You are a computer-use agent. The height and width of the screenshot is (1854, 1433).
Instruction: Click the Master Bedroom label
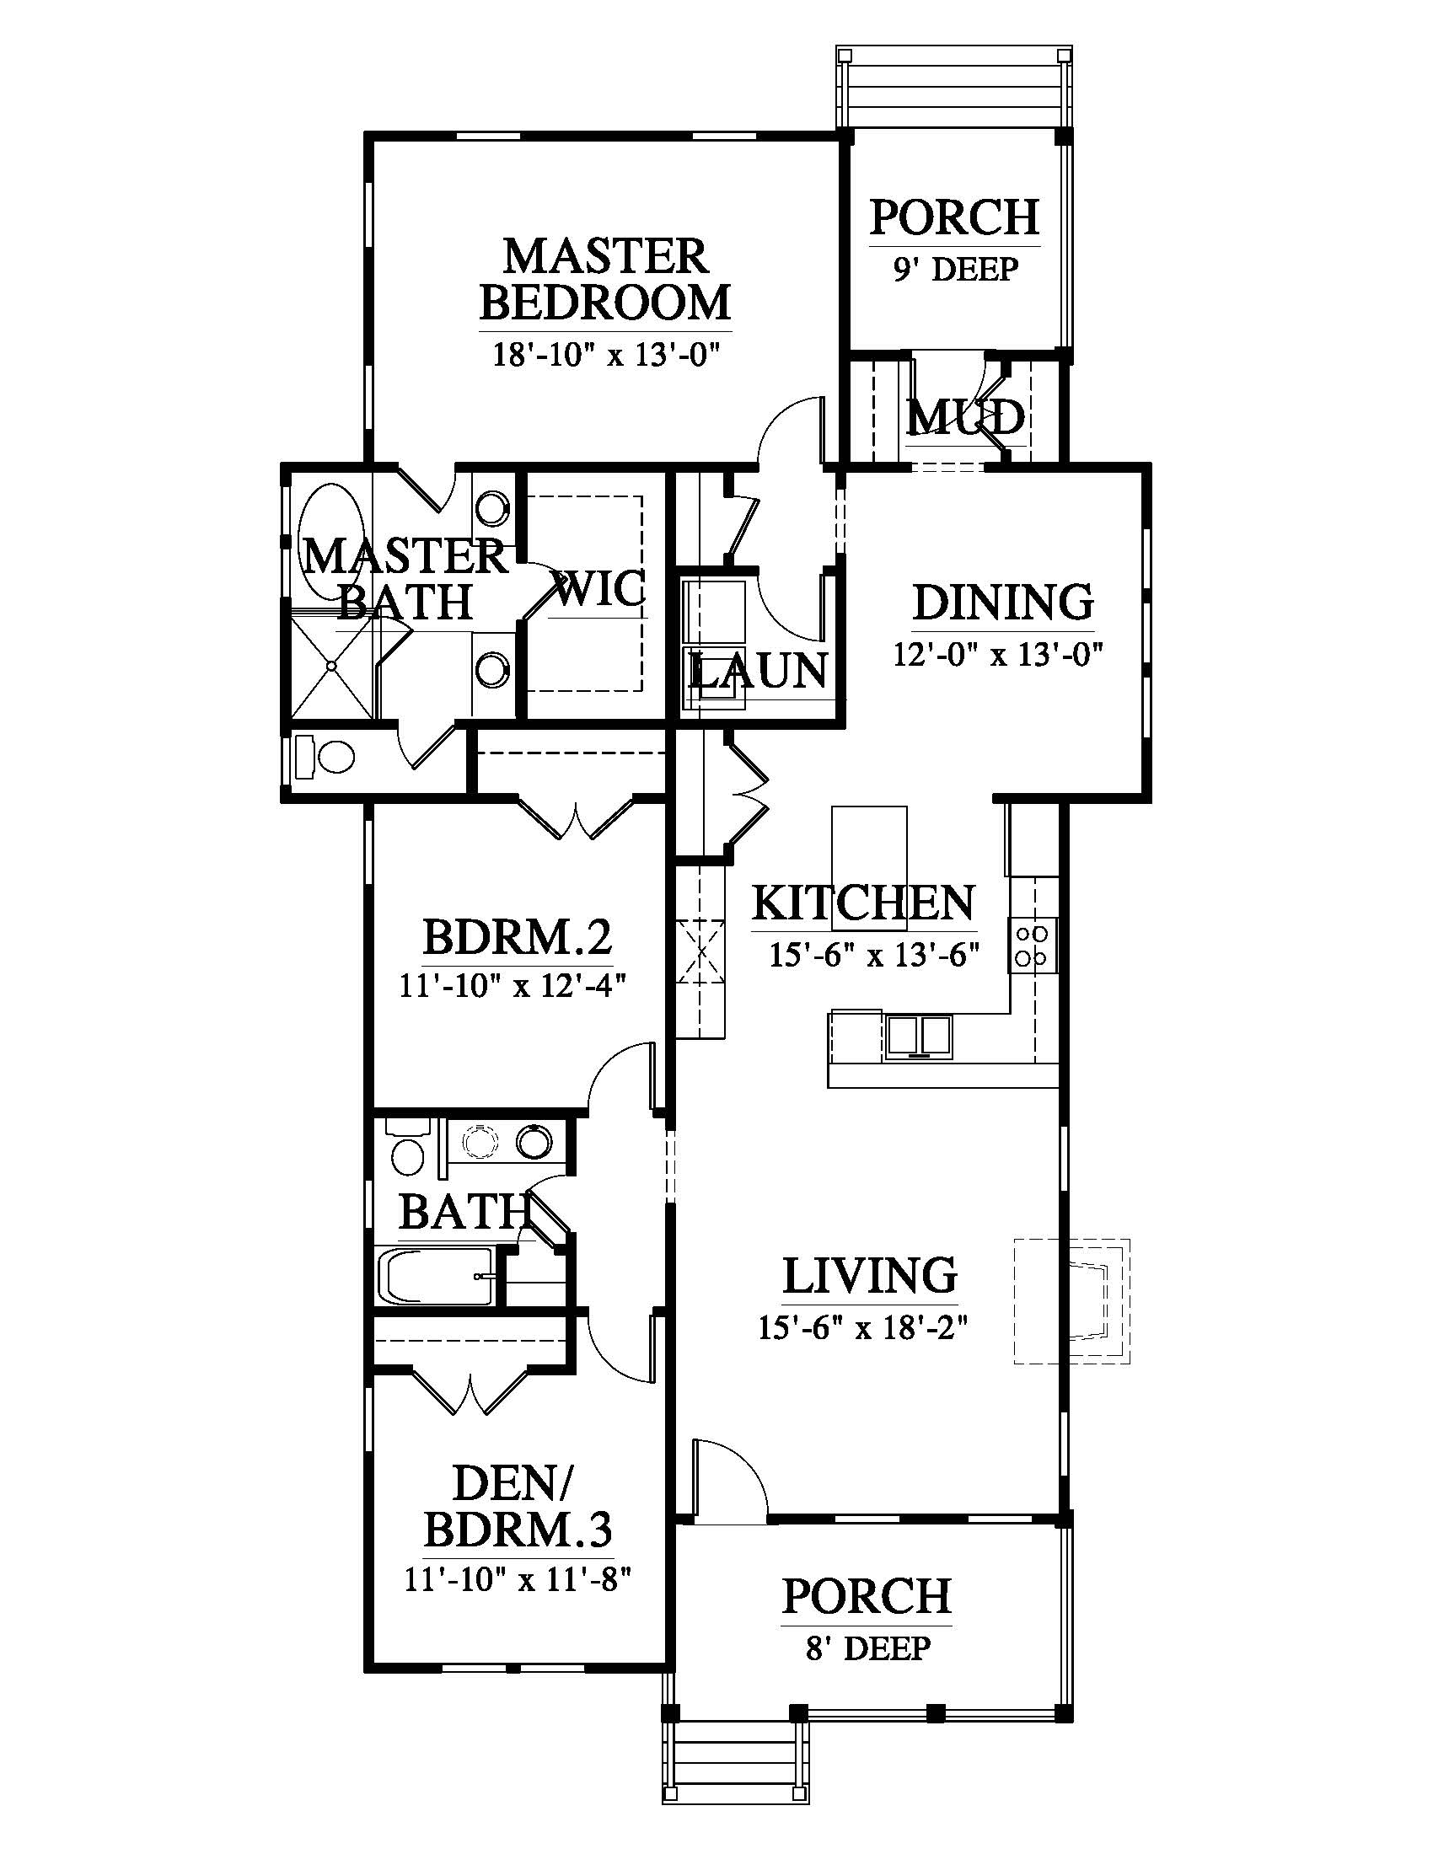click(x=606, y=279)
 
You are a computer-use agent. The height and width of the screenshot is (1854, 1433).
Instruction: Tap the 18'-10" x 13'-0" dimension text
click(x=606, y=352)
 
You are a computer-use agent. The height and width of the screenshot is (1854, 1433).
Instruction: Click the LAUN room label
click(x=758, y=671)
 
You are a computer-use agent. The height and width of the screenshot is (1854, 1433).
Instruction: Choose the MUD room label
click(x=965, y=417)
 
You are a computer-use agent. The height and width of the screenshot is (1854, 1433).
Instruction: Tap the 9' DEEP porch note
click(x=955, y=269)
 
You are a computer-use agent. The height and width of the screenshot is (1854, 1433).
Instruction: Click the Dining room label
click(x=1002, y=602)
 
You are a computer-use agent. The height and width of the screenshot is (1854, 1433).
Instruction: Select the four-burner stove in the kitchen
click(x=1033, y=945)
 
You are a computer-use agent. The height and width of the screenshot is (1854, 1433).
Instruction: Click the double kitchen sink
click(x=920, y=1036)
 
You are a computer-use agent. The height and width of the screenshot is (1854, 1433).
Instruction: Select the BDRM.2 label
click(x=517, y=938)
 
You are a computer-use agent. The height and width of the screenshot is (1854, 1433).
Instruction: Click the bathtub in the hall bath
click(x=437, y=1276)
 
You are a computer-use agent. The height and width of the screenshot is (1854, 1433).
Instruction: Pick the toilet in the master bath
click(x=325, y=757)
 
